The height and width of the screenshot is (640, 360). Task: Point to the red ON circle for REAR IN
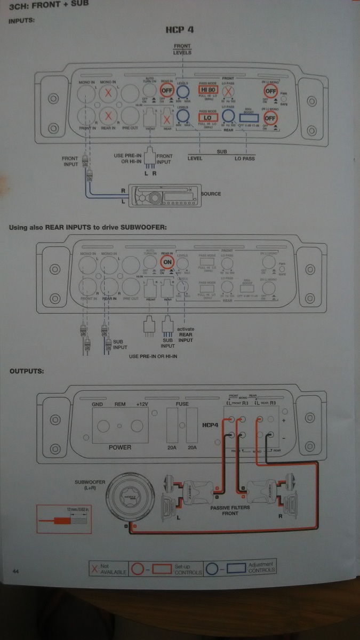[x=167, y=262]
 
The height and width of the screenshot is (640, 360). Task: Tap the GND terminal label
[x=98, y=405]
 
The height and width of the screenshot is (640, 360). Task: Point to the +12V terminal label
[x=142, y=405]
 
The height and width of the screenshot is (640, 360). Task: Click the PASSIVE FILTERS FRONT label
[x=229, y=511]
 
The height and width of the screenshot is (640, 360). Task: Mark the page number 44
[x=16, y=571]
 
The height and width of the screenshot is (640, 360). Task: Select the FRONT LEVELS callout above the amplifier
[x=182, y=50]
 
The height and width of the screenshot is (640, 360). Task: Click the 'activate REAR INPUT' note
[x=186, y=334]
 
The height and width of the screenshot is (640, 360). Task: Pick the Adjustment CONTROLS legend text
[x=261, y=567]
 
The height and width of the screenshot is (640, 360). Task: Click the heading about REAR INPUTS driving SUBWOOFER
[x=88, y=227]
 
